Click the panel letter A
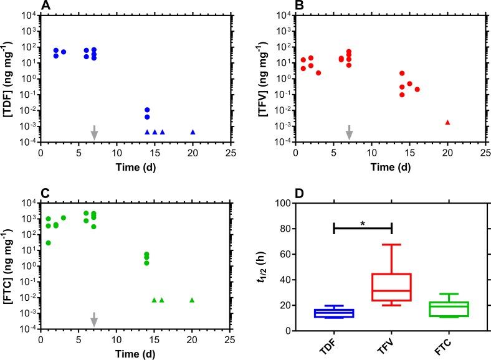pyautogui.click(x=45, y=6)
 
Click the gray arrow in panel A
pyautogui.click(x=94, y=132)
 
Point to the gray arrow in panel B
pyautogui.click(x=349, y=132)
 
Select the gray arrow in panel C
pyautogui.click(x=94, y=319)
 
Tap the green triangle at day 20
pyautogui.click(x=192, y=300)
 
